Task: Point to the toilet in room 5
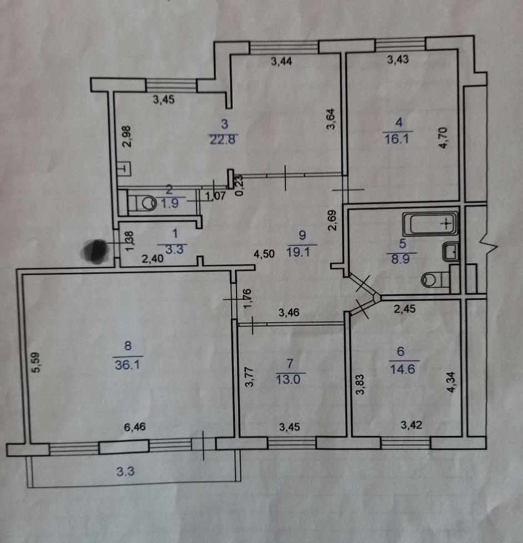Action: coord(429,280)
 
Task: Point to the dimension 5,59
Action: coord(36,365)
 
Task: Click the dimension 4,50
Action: coord(264,255)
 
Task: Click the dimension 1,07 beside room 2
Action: coord(217,196)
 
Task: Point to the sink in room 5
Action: coord(450,252)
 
